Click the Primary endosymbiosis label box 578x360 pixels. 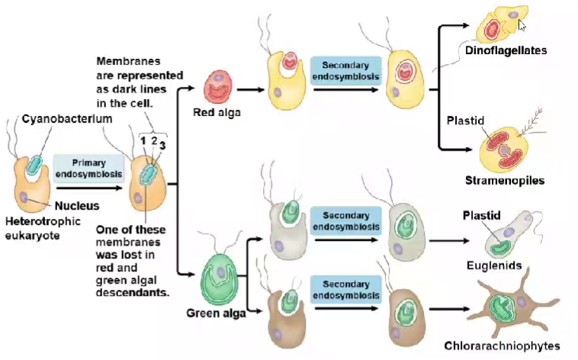tap(88, 169)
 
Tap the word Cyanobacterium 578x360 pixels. tap(67, 119)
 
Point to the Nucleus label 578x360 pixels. tap(77, 205)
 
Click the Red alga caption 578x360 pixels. tap(217, 112)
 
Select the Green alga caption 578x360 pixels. tap(216, 313)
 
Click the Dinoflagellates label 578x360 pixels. tap(506, 50)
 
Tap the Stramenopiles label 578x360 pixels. tap(505, 180)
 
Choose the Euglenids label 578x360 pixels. tap(494, 265)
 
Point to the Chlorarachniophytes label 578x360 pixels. tap(502, 346)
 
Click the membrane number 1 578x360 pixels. tap(143, 141)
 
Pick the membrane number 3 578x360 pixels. tap(162, 146)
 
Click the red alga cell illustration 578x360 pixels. tap(218, 87)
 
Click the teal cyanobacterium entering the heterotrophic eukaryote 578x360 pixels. tap(34, 165)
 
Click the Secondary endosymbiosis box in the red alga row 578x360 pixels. tap(345, 71)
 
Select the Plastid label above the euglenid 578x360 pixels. tap(481, 215)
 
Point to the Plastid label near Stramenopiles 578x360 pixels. tap(465, 121)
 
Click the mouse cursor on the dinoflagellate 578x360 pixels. tap(522, 25)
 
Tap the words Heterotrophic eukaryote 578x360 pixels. tap(43, 228)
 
